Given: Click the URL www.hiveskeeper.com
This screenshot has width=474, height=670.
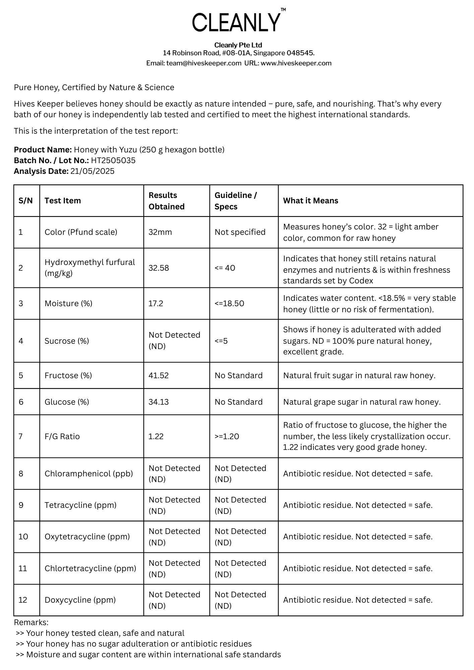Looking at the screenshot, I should (x=296, y=63).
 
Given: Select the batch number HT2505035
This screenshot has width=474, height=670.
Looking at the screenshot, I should (x=113, y=160).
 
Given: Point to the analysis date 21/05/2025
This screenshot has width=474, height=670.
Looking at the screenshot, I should (x=93, y=171).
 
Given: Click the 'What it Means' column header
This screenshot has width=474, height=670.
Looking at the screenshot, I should (x=310, y=201).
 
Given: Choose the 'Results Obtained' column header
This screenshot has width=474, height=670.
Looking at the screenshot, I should (x=167, y=201).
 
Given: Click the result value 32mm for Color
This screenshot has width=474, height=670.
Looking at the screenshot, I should (x=160, y=232).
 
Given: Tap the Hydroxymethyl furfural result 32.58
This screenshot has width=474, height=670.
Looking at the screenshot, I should (x=159, y=268).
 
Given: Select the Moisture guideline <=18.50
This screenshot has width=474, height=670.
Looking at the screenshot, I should (x=229, y=304).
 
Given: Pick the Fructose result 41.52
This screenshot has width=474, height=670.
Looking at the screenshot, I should (x=159, y=376).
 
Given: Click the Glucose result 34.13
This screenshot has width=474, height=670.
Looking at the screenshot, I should (x=159, y=402).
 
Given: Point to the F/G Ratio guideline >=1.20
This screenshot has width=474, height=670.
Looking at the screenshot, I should (x=227, y=437).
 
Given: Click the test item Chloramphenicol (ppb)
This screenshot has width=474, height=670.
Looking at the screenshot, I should (x=89, y=474).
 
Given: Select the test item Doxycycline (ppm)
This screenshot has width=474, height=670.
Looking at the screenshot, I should (x=80, y=600).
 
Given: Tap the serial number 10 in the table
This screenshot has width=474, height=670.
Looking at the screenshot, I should (x=23, y=537).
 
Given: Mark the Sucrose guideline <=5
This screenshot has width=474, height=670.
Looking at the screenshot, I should (x=221, y=341).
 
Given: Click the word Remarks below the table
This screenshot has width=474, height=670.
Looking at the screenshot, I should (x=31, y=622).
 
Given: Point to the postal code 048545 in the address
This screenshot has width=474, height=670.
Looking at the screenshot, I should (x=300, y=53).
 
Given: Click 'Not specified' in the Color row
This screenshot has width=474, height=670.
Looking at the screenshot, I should (x=240, y=232).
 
